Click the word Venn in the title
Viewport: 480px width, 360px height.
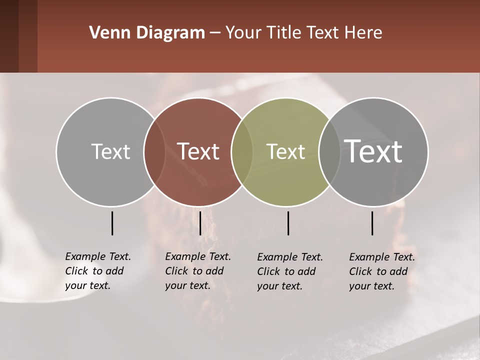[106, 33]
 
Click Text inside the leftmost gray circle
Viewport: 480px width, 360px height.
[110, 151]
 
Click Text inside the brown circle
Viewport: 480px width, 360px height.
[198, 151]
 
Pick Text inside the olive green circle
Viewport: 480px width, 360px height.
[286, 151]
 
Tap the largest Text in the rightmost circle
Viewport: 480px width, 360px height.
[373, 151]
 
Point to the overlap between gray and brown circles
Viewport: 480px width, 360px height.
[154, 151]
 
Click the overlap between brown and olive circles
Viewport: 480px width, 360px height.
[242, 151]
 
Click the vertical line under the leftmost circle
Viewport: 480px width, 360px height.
[112, 223]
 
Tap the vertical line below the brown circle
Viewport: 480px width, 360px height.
[200, 223]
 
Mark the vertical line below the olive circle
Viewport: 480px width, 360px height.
[288, 223]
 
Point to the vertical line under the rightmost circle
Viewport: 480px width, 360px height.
[372, 223]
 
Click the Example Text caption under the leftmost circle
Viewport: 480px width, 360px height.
[98, 271]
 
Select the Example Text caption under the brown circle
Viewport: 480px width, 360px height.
[198, 271]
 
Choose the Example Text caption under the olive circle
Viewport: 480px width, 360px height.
[290, 271]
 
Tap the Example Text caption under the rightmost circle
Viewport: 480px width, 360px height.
[382, 271]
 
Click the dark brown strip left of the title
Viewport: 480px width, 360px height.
[18, 36]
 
